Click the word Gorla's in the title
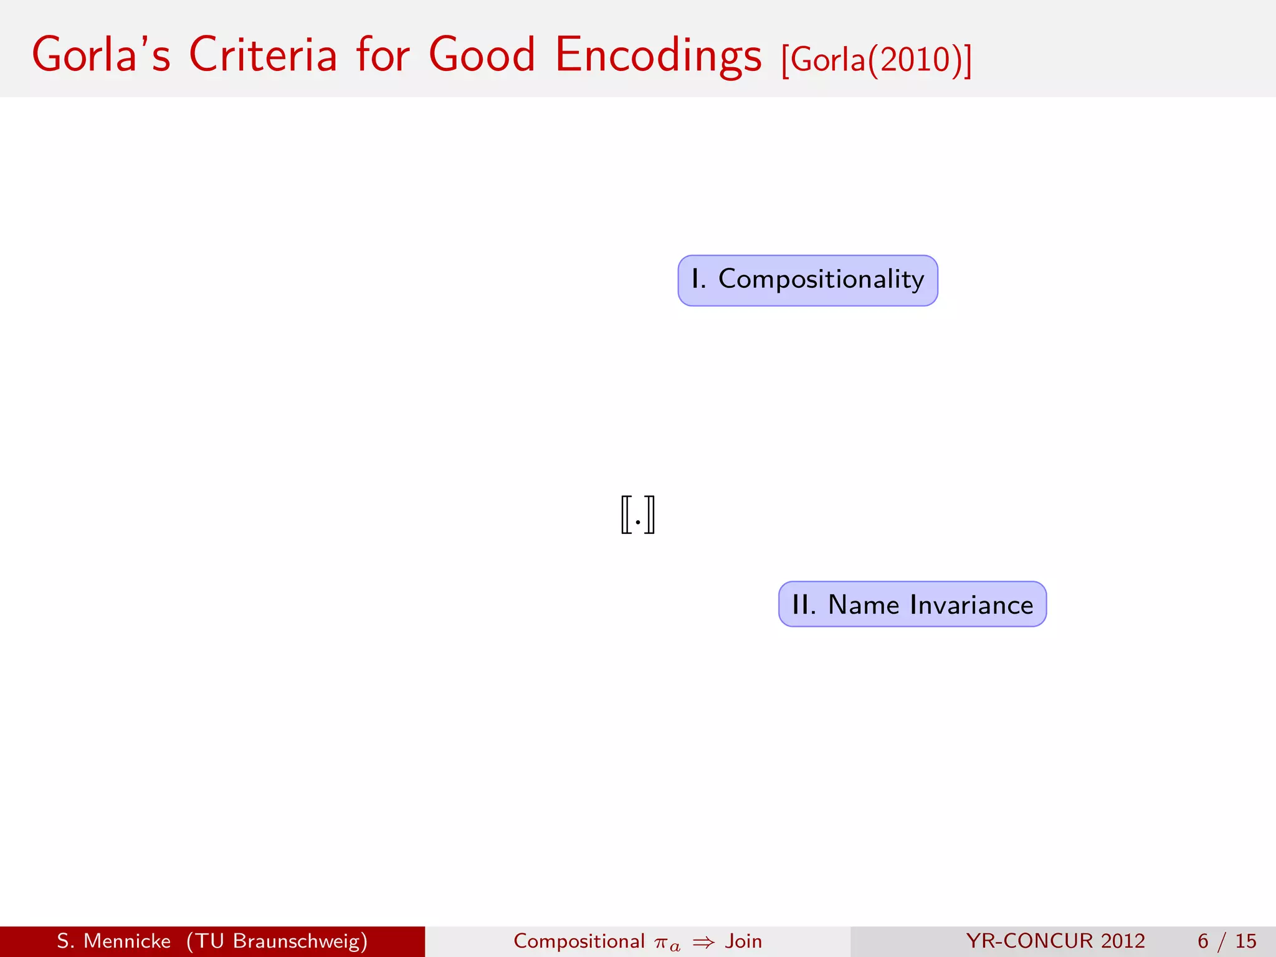pos(101,55)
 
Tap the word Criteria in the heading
pos(262,55)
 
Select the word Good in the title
pos(482,55)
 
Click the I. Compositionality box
pos(807,280)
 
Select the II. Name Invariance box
pos(912,604)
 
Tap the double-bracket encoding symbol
pos(637,515)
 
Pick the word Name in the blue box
pos(864,605)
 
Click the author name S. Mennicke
pos(113,941)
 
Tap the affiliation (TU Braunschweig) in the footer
pos(277,941)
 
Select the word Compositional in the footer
pos(579,941)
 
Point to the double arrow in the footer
pos(703,942)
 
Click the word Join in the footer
pos(743,941)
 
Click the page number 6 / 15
pos(1226,941)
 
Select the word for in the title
pos(383,55)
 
